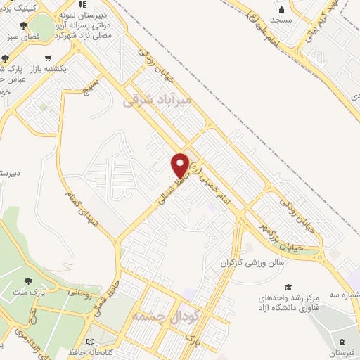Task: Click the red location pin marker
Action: click(181, 164)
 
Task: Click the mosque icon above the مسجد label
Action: click(283, 10)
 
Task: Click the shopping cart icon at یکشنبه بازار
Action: click(47, 58)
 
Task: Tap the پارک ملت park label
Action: click(51, 289)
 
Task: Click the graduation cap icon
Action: click(288, 287)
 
